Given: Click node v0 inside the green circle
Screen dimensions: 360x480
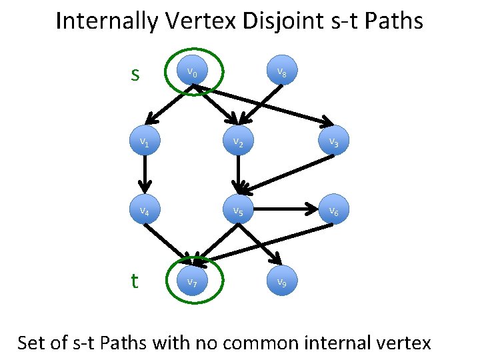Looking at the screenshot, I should click(x=192, y=71).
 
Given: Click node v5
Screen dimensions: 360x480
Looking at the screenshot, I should click(x=237, y=212).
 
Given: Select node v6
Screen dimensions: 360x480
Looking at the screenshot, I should click(x=333, y=212).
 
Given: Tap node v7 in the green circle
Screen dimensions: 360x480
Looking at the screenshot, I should click(x=192, y=282).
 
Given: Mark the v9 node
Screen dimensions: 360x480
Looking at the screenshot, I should click(x=283, y=282).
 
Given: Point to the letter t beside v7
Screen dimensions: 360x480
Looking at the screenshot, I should click(x=135, y=281).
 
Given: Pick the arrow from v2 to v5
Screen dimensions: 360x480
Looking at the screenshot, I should click(x=237, y=175).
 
